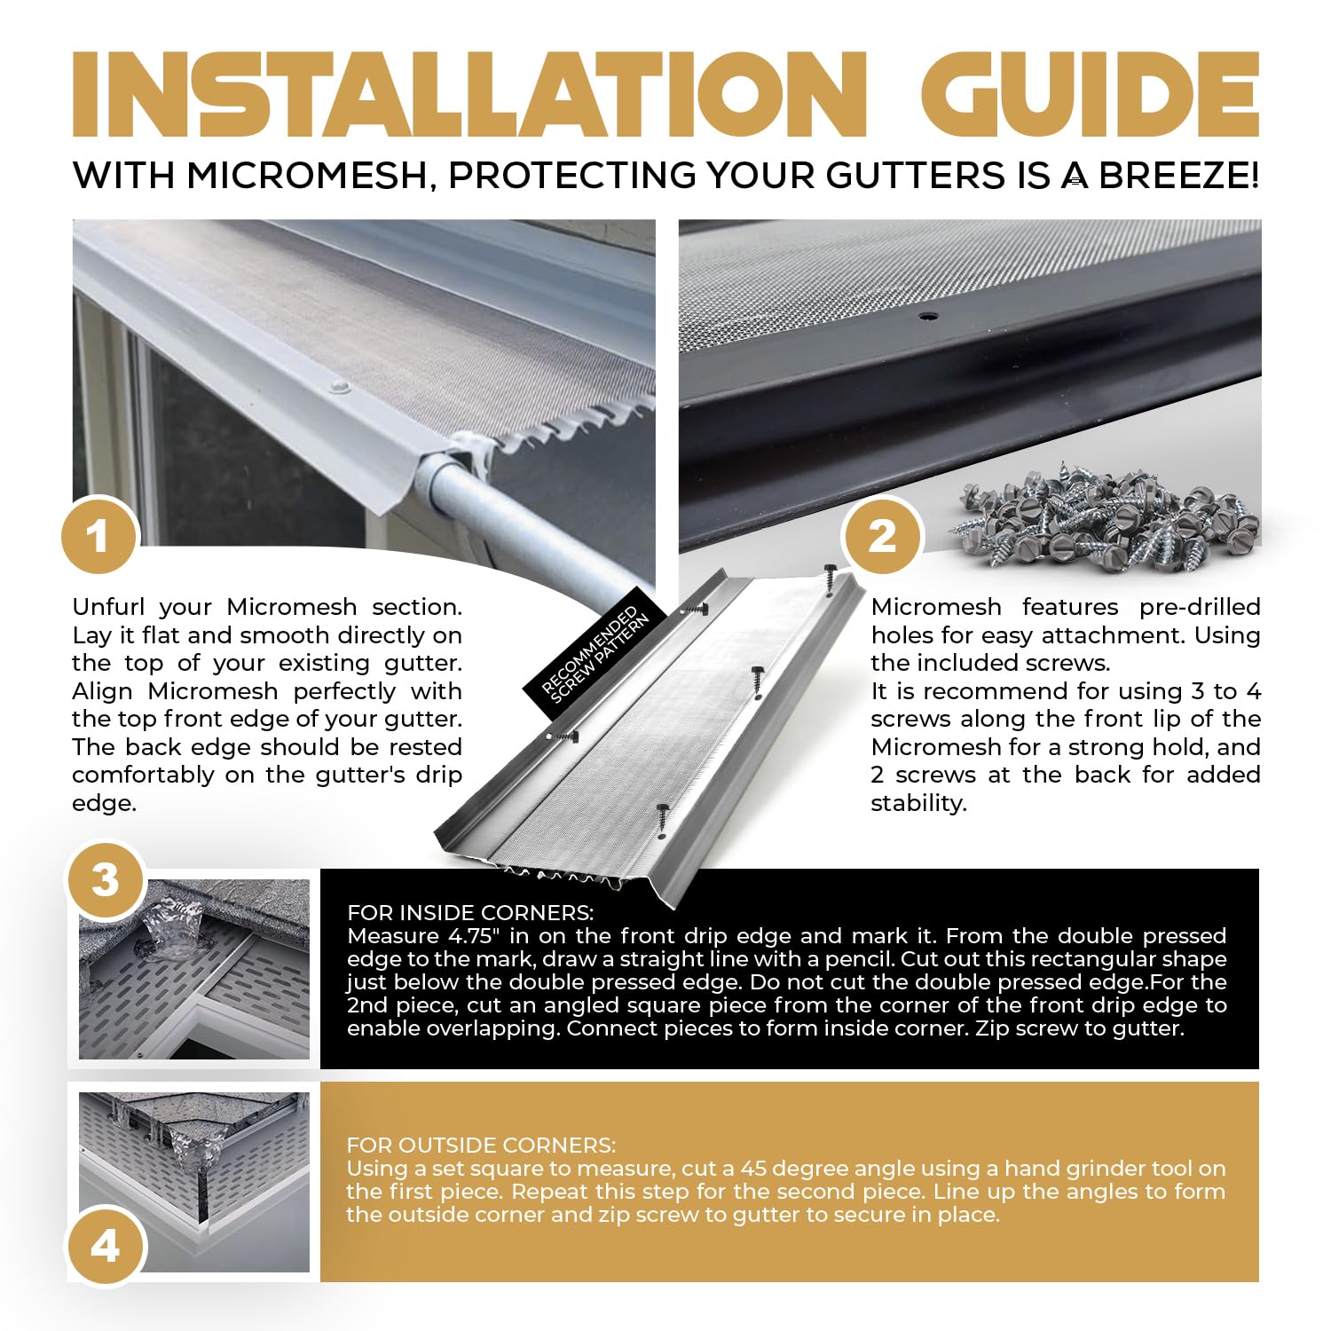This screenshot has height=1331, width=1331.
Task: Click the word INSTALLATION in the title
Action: point(469,94)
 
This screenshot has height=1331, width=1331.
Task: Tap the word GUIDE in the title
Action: point(1091,94)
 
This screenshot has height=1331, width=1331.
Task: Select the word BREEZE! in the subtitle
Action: point(1179,176)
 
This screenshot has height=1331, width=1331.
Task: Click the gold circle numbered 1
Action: point(98,536)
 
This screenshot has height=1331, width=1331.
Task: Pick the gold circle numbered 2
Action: point(882,536)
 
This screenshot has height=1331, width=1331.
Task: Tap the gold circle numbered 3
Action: point(106,880)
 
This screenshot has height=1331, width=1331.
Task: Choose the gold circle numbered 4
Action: point(106,1247)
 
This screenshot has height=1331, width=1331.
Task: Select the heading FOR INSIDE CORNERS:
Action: point(470,913)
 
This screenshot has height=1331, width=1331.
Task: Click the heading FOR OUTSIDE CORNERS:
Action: point(481,1146)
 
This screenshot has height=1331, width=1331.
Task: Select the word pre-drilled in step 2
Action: point(1200,607)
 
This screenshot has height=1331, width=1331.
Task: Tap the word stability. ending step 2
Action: point(918,803)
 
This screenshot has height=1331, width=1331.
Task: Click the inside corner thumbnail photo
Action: point(194,969)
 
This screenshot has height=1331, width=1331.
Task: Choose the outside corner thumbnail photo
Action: point(194,1183)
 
